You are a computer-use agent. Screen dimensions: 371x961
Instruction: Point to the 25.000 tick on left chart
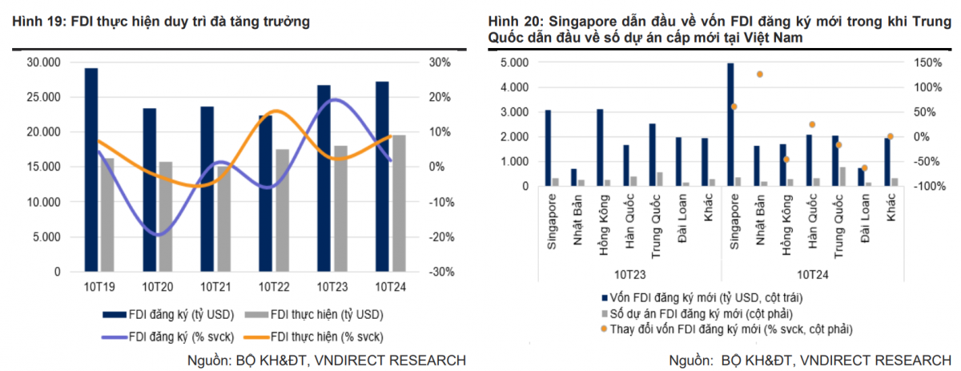pos(43,97)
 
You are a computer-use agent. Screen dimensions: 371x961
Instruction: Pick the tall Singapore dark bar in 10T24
pos(730,124)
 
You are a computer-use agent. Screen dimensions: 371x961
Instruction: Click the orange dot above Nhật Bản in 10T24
pos(759,74)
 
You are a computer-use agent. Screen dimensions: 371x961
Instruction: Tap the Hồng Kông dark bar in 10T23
pos(600,147)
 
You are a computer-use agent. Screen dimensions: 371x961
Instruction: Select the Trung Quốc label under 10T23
pos(656,224)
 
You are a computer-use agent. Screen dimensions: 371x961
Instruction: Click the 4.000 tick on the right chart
pos(513,87)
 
